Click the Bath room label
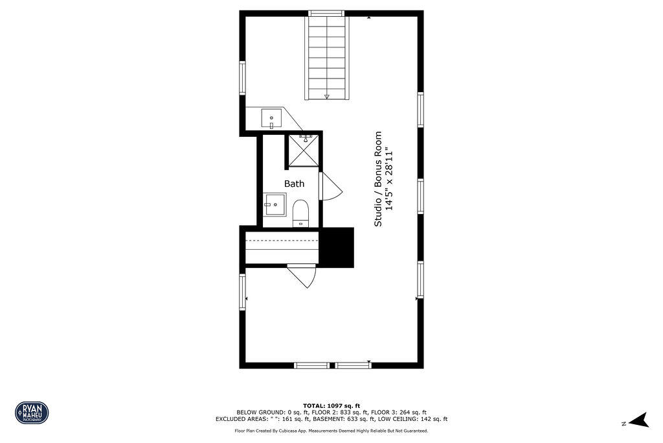294,184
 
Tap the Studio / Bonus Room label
378,179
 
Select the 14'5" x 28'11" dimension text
390,179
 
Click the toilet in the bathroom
300,212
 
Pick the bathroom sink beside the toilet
274,204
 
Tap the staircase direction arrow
327,95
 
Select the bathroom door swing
330,187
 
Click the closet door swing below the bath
303,276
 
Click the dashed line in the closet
282,241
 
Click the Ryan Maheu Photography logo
32,412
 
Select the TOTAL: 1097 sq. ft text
331,405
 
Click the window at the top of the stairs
326,13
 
